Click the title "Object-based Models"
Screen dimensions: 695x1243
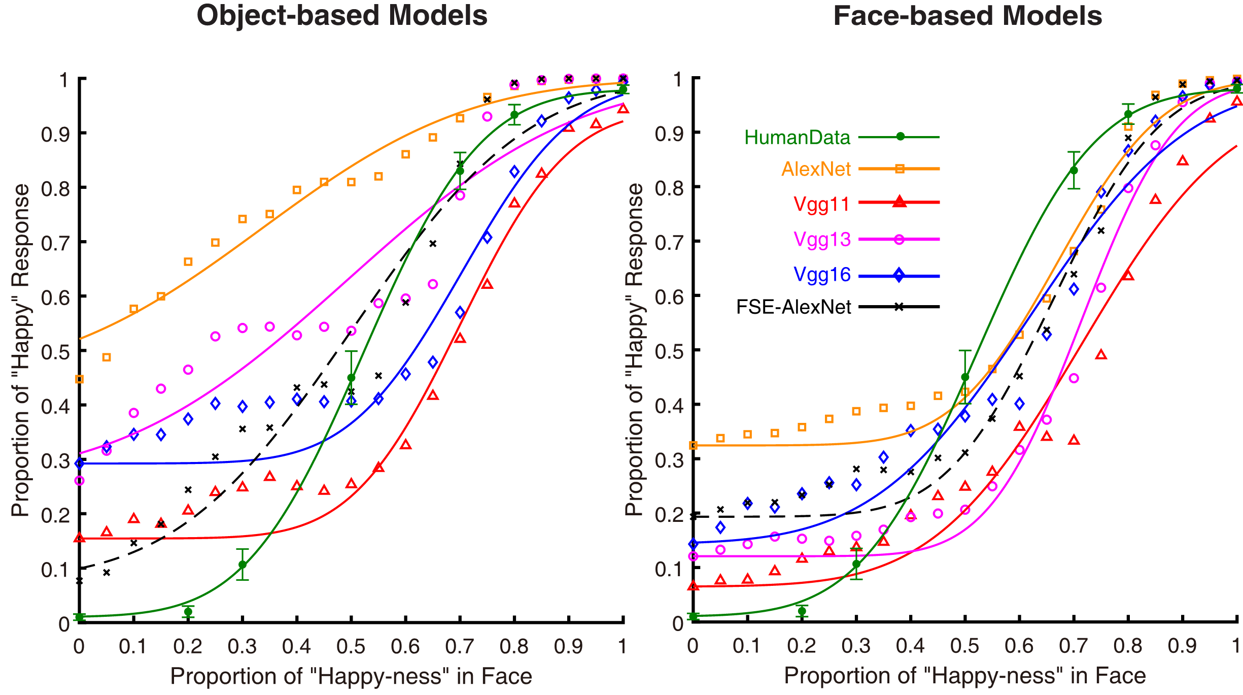tap(342, 16)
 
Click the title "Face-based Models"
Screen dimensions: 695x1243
tap(968, 16)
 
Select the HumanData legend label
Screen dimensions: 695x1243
tap(797, 138)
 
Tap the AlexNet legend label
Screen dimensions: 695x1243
tap(816, 169)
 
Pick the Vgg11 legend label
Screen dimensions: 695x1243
tap(821, 204)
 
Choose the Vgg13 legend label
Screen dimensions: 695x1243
tap(821, 239)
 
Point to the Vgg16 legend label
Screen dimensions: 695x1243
tap(821, 275)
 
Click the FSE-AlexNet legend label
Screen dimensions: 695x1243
tap(793, 307)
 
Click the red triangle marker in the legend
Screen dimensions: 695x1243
tap(899, 202)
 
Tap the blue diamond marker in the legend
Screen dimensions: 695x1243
tap(899, 276)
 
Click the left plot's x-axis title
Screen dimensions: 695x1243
tap(351, 676)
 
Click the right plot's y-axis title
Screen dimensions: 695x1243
tap(635, 350)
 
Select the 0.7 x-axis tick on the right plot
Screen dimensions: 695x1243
tap(1073, 646)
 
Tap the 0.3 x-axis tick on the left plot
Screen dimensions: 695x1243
tap(243, 646)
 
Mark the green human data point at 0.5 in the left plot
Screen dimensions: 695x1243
tap(351, 378)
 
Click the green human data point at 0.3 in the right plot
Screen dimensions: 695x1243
tap(856, 564)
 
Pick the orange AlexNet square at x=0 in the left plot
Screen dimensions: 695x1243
tap(79, 379)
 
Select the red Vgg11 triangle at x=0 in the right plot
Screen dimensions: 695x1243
tap(693, 586)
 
